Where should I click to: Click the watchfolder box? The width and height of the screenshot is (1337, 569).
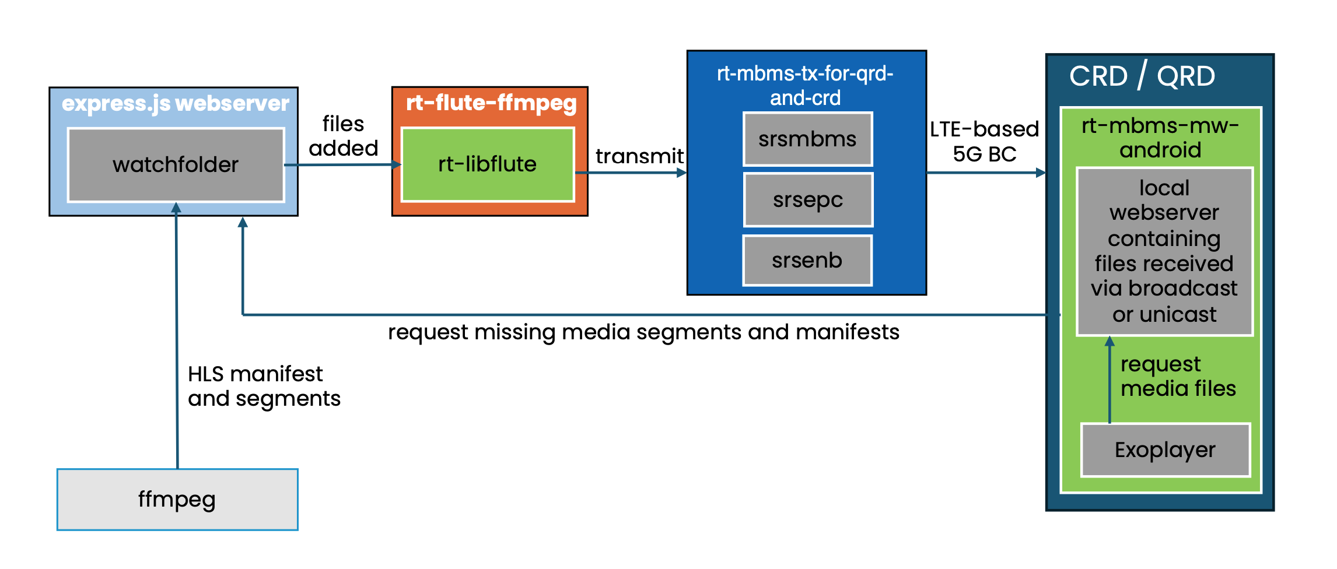pyautogui.click(x=176, y=165)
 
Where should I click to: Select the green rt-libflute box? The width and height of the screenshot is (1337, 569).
pyautogui.click(x=487, y=164)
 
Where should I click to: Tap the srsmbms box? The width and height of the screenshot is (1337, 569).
pyautogui.click(x=807, y=139)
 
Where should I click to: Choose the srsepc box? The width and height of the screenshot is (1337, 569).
pyautogui.click(x=807, y=200)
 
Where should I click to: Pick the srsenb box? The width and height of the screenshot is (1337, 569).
pyautogui.click(x=807, y=261)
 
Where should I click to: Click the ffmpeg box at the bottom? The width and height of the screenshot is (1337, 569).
pyautogui.click(x=177, y=500)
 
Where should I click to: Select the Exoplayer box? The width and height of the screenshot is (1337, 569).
pyautogui.click(x=1165, y=450)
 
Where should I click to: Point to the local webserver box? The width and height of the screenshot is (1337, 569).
pyautogui.click(x=1164, y=251)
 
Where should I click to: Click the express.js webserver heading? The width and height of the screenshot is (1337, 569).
pyautogui.click(x=175, y=104)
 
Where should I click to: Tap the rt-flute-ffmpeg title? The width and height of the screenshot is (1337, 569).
pyautogui.click(x=491, y=103)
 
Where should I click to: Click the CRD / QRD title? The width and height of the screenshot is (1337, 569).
pyautogui.click(x=1142, y=76)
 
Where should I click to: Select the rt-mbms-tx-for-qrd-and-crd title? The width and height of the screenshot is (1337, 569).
pyautogui.click(x=805, y=86)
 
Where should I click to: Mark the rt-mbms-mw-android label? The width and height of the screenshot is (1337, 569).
pyautogui.click(x=1160, y=138)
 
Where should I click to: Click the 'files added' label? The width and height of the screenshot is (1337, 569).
pyautogui.click(x=344, y=136)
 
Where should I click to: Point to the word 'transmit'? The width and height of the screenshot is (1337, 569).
pyautogui.click(x=639, y=156)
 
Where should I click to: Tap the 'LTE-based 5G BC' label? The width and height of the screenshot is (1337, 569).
pyautogui.click(x=984, y=142)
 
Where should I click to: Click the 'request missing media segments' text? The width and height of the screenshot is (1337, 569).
pyautogui.click(x=643, y=332)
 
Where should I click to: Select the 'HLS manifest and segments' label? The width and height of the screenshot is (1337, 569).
pyautogui.click(x=264, y=386)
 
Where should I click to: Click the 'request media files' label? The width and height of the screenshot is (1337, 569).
pyautogui.click(x=1178, y=377)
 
